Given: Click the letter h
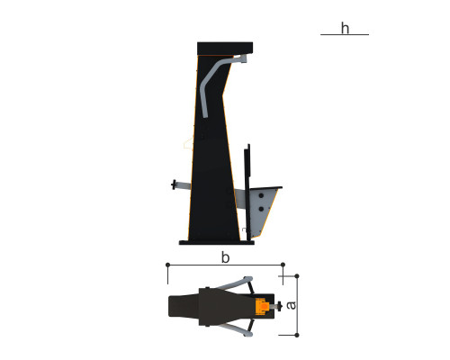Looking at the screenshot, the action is click(345, 28).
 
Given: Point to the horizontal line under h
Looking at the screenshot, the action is click(345, 35).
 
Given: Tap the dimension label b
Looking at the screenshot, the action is click(225, 257).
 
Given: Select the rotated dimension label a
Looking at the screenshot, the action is click(291, 305).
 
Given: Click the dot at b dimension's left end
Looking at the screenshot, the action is click(167, 265).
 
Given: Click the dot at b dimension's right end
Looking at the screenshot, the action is click(283, 265).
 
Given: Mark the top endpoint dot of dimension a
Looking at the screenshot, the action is click(297, 275).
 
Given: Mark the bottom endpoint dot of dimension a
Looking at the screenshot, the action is click(297, 335).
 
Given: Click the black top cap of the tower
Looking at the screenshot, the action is click(225, 49).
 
